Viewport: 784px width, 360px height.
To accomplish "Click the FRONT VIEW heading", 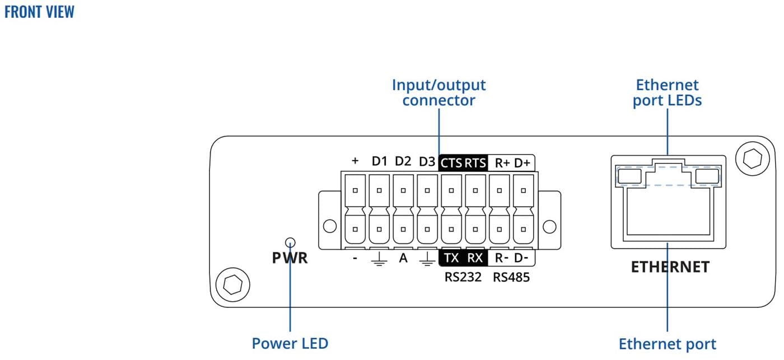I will pos(39,12).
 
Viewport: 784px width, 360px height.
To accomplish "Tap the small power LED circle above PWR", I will pos(290,242).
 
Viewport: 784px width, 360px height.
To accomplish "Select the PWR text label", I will pos(290,259).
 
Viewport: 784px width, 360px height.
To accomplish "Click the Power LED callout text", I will pos(290,343).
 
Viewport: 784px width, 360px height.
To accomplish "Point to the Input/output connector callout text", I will pos(438,93).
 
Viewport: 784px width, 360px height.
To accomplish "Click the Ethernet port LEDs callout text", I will pos(667,93).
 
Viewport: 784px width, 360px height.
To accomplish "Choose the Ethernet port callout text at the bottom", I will pos(667,343).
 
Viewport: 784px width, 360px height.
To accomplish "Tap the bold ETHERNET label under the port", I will pos(670,267).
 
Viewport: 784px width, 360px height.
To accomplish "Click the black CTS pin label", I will pos(451,163).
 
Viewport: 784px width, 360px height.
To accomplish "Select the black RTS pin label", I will pos(475,163).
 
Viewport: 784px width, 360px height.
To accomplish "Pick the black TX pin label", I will pos(451,258).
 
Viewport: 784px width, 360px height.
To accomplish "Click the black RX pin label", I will pos(475,258).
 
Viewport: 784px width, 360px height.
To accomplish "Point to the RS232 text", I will pos(463,277).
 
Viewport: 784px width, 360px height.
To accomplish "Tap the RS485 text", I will pos(511,277).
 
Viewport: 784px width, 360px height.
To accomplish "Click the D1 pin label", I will pos(380,162).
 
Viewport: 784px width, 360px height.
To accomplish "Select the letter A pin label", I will pos(403,258).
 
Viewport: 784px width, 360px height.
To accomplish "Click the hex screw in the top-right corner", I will pos(752,158).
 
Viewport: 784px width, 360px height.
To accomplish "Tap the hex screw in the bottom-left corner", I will pos(232,284).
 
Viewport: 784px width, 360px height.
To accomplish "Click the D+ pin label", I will pos(522,163).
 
